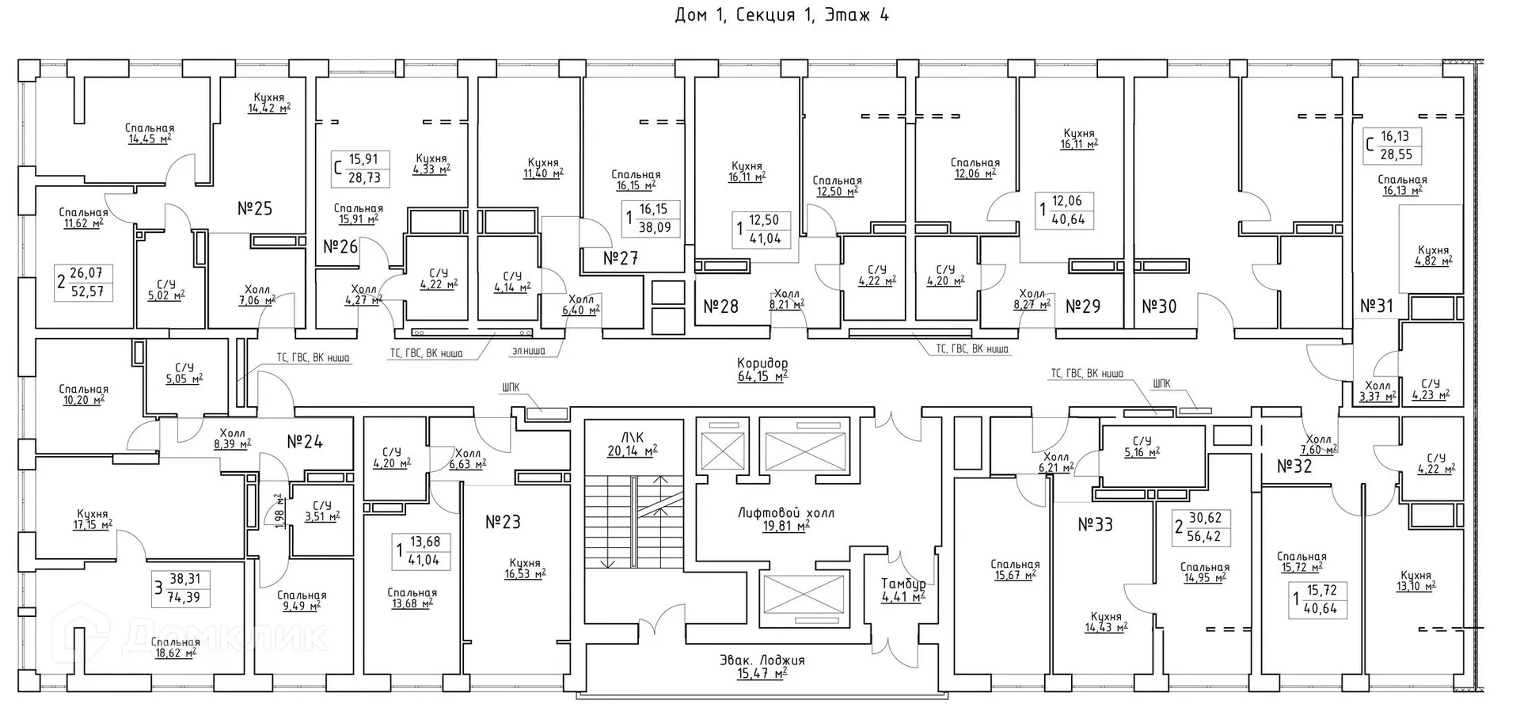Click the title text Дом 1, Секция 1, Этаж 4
[781, 15]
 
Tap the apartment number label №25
[255, 208]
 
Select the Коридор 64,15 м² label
[762, 370]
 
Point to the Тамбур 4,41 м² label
[903, 590]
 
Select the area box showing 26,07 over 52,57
[85, 283]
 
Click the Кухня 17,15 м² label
[93, 519]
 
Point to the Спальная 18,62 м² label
[175, 647]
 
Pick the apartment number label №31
[1376, 306]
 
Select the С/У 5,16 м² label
[1142, 447]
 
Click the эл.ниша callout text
[528, 350]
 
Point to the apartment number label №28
[720, 306]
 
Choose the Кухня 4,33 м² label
[431, 163]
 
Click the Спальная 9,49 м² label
[302, 600]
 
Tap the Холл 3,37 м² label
[1377, 391]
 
